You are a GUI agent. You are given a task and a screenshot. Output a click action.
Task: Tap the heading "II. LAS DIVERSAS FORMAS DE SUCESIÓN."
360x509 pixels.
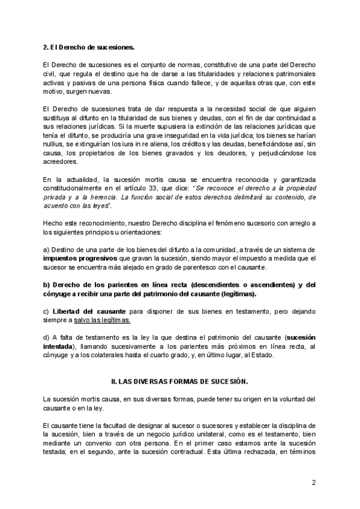click(179, 381)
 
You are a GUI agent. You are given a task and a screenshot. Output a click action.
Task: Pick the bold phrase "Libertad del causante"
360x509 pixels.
click(89, 312)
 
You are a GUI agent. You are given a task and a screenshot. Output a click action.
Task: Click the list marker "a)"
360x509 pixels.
click(46, 249)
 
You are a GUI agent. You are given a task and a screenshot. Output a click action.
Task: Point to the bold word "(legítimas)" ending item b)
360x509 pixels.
click(237, 294)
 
